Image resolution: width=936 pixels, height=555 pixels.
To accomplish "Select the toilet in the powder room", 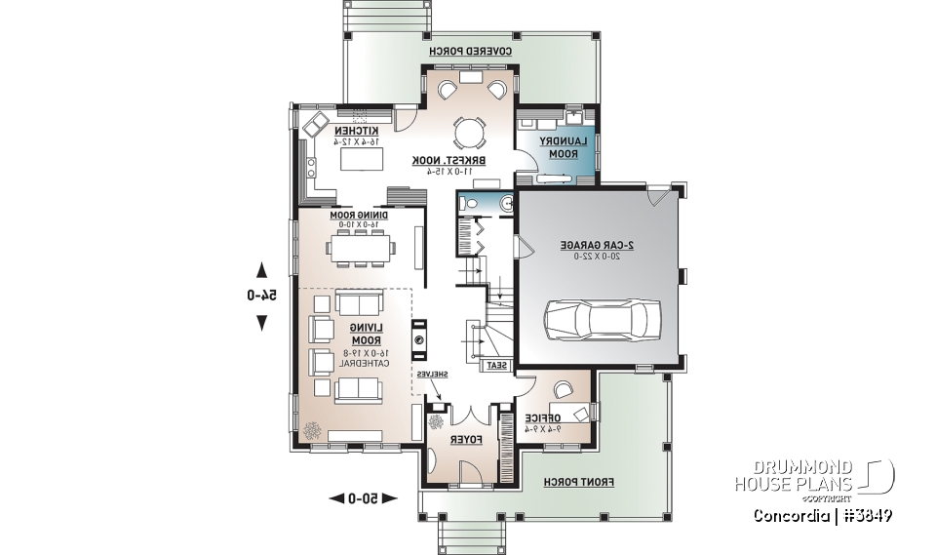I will click(x=470, y=203).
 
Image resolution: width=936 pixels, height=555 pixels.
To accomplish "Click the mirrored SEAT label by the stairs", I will click(x=495, y=365).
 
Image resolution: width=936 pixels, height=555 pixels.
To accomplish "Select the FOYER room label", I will click(x=464, y=441).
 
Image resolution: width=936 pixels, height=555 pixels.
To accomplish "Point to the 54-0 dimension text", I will click(x=261, y=297).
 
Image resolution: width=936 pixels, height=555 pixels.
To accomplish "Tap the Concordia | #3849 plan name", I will click(x=823, y=515).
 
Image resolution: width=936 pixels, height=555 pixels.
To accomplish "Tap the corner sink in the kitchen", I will click(x=316, y=126).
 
